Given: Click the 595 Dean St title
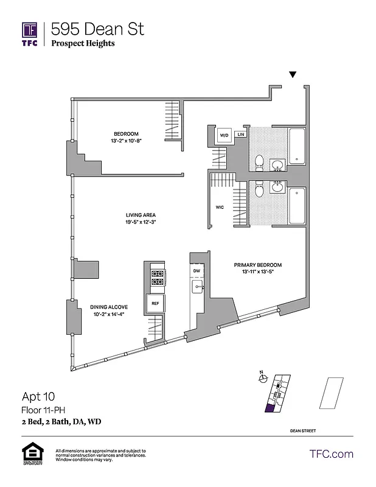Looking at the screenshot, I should pos(98,28).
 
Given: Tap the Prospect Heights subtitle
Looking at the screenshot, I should pos(83,43).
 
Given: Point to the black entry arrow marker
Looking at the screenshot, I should pos(293,75).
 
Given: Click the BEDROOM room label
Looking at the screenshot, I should pos(126,134).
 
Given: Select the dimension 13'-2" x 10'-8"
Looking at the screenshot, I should pos(126,141).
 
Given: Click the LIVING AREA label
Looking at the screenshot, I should pos(141,215).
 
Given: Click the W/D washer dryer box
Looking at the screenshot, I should pos(223,135).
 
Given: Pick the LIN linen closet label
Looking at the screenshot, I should pos(241,134).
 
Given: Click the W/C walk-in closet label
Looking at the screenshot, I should pos(220,207).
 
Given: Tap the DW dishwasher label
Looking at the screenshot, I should pos(197,271).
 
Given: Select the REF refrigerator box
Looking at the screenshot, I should pos(155,303).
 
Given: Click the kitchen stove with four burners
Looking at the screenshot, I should pos(157,278).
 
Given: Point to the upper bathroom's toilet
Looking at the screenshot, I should pos(259,163).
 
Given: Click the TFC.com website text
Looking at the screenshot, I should pos(331,454).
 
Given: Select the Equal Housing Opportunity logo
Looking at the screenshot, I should pos(30,454).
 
